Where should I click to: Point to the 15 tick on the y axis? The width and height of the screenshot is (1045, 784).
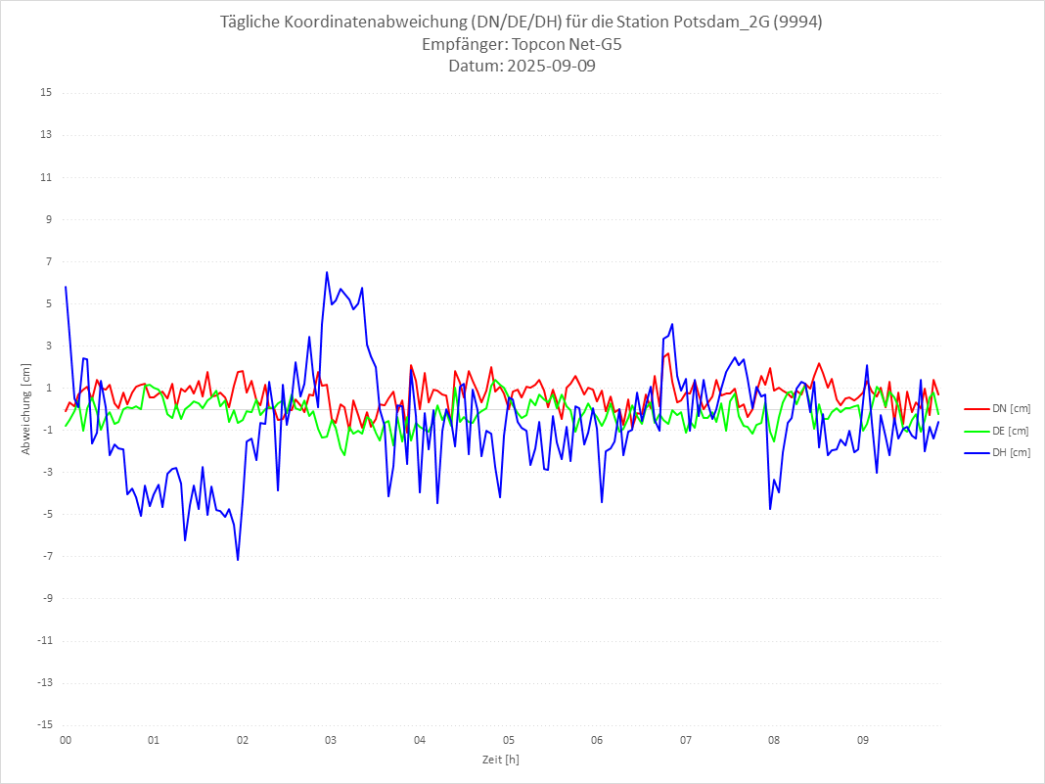(45, 93)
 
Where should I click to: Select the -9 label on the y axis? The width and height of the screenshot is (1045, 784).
(45, 598)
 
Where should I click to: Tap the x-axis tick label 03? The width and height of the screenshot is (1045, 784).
(331, 739)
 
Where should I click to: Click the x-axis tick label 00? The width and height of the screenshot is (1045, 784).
(66, 739)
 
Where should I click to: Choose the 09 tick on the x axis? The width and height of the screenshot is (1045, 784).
(863, 739)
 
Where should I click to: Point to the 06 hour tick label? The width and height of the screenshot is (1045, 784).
(597, 739)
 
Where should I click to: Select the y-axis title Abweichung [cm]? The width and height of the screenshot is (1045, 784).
(26, 408)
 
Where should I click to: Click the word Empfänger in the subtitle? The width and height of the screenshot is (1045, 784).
(460, 45)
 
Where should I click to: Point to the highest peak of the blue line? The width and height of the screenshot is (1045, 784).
(327, 272)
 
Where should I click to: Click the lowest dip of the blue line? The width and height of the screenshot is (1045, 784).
(238, 560)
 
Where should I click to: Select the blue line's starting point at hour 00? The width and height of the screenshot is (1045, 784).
(66, 287)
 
